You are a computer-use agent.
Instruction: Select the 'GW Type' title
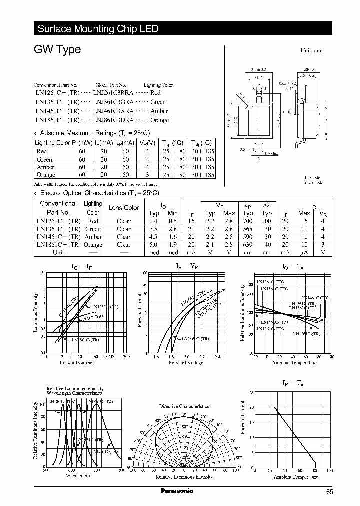point(57,50)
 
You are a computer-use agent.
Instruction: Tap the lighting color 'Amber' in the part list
point(159,111)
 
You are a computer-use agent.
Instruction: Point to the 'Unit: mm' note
point(311,51)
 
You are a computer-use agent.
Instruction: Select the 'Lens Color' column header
point(124,208)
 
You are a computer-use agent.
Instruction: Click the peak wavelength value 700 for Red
point(248,221)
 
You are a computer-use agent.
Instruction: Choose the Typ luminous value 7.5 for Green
point(154,229)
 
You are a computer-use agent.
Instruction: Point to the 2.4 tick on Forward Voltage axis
point(217,357)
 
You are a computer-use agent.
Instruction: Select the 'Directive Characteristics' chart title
point(184,406)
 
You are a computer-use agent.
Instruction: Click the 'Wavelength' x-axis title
point(78,476)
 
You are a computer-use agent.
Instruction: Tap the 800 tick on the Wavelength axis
point(122,470)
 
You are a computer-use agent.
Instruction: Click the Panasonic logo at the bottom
point(177,491)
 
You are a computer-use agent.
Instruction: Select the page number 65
point(329,492)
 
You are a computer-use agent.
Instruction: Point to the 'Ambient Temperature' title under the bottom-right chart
point(296,477)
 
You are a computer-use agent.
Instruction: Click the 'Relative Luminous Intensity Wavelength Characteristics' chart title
point(75,391)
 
